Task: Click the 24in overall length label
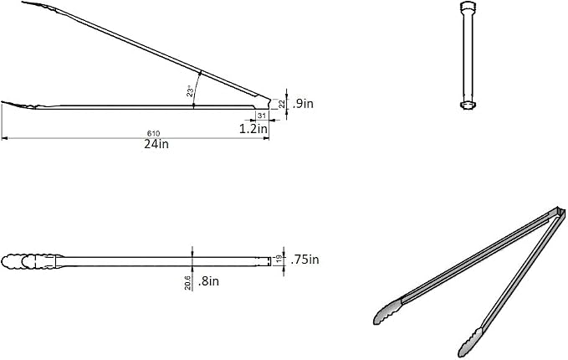156,144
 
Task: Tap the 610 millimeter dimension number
154,134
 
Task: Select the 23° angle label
190,92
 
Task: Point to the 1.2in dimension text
253,128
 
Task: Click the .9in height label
303,104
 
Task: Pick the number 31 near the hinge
262,116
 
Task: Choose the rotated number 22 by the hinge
282,105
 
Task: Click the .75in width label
304,260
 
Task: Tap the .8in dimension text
208,281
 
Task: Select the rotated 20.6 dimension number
187,283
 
